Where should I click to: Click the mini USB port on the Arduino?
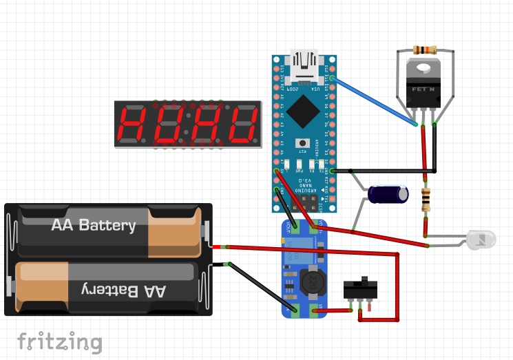[304, 63]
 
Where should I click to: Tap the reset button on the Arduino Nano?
[302, 143]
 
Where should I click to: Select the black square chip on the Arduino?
[302, 109]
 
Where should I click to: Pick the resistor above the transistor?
[424, 50]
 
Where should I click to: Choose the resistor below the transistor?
[426, 200]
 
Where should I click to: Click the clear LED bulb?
[481, 240]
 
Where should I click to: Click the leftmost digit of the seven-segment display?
[134, 124]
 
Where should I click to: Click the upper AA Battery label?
[93, 226]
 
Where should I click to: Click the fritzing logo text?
[60, 341]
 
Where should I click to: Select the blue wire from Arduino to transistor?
[375, 103]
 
